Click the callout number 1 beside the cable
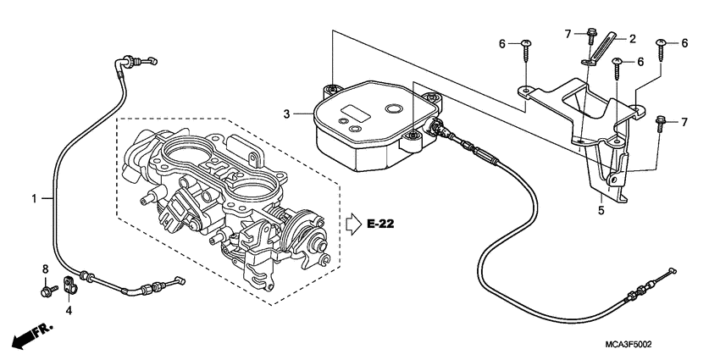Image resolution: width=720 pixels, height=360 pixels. tap(36, 198)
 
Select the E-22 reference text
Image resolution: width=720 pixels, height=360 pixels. tap(381, 224)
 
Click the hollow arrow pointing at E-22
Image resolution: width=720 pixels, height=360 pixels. tap(354, 224)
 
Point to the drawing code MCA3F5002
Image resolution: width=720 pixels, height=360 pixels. tap(634, 344)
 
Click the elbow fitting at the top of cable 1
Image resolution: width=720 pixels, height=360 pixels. tap(129, 61)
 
